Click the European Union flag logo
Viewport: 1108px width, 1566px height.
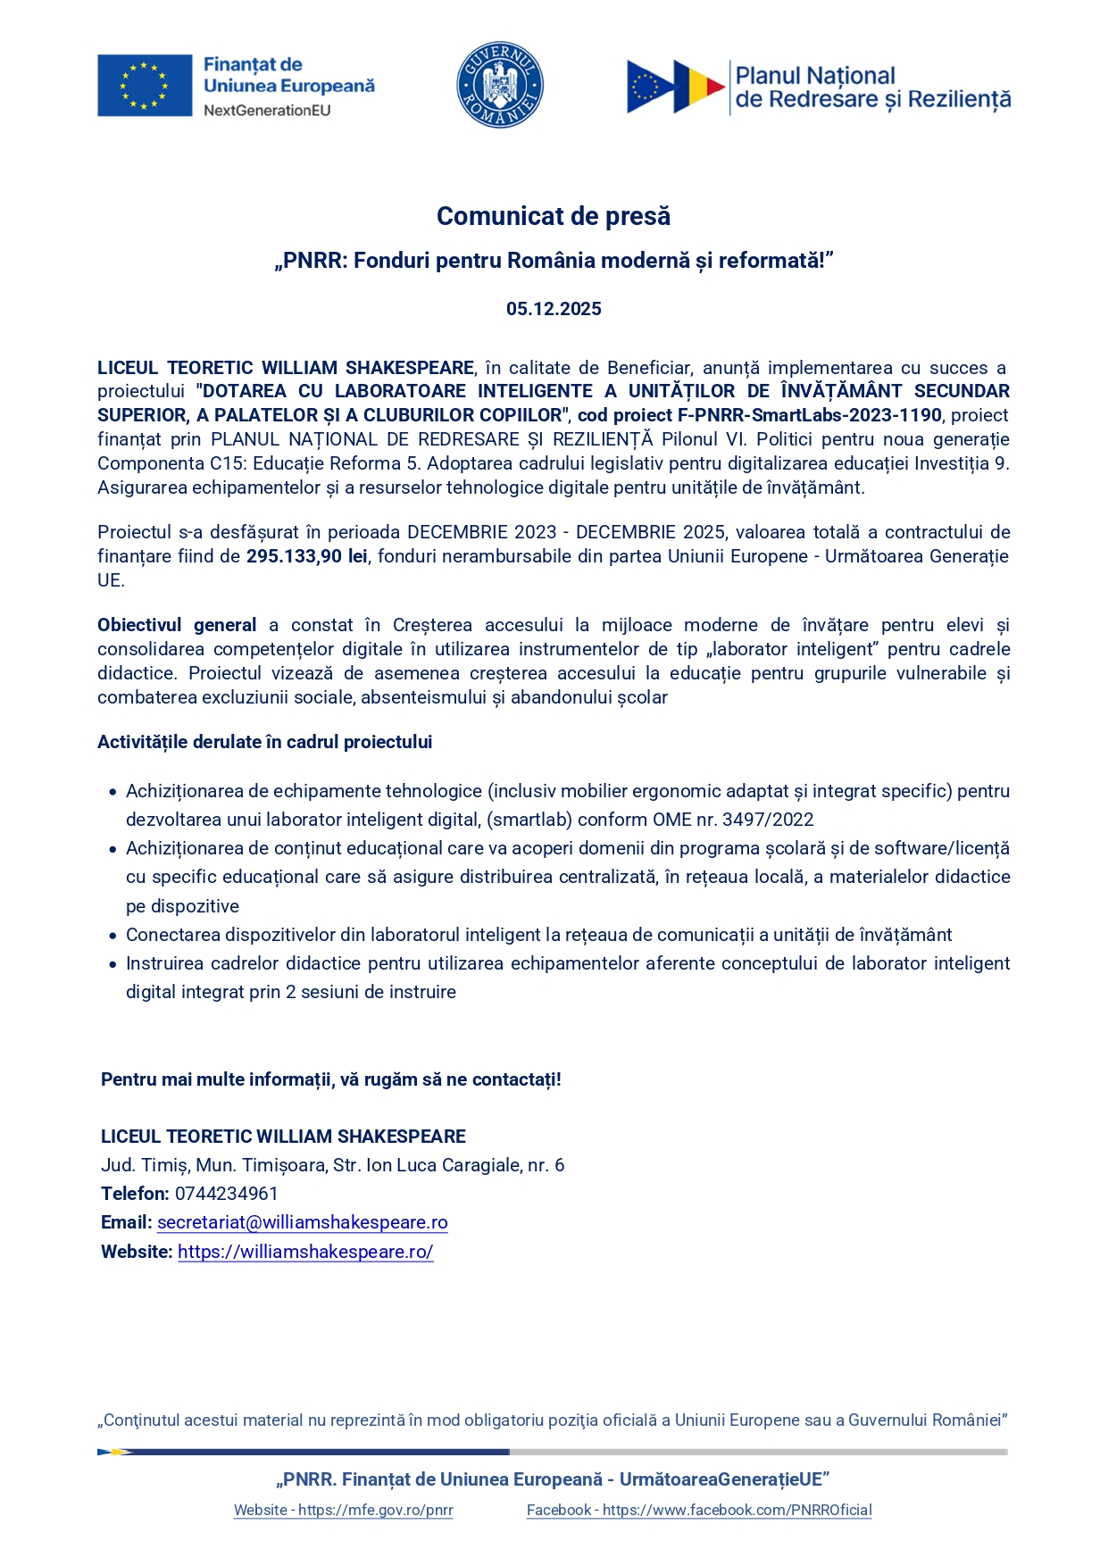145,86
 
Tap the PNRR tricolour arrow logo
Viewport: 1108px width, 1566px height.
675,87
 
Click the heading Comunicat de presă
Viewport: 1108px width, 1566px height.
554,216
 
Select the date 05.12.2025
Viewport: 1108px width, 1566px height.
554,309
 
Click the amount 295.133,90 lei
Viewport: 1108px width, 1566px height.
306,556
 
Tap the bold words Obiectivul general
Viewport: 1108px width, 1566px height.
177,625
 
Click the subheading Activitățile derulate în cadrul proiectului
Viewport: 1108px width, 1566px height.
264,742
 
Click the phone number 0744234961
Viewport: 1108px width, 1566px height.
227,1194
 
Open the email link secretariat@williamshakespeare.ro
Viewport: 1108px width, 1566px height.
302,1222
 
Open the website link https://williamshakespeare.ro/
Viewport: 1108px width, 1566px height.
305,1252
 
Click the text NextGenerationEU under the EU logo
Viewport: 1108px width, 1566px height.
267,111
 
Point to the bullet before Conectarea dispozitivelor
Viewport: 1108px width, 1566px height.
112,936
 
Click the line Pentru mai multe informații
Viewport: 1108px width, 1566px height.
330,1079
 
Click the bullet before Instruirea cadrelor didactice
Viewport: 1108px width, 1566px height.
112,964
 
